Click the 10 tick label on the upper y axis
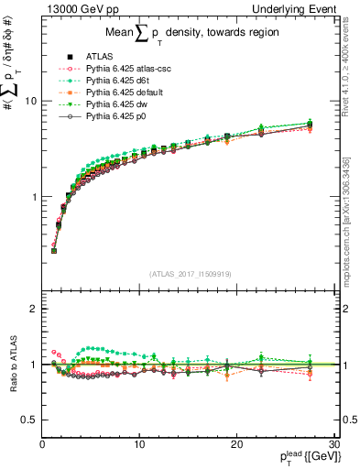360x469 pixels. [x=30, y=101]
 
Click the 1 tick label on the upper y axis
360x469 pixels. [x=33, y=197]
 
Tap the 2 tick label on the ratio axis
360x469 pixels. [x=33, y=309]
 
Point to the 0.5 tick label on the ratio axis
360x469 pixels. [x=28, y=420]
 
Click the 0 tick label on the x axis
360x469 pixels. [x=42, y=444]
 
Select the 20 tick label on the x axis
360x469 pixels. [x=236, y=444]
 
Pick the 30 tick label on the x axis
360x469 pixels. [x=333, y=444]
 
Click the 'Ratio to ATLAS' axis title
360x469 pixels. [x=11, y=365]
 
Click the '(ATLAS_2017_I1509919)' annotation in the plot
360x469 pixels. [x=190, y=271]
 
